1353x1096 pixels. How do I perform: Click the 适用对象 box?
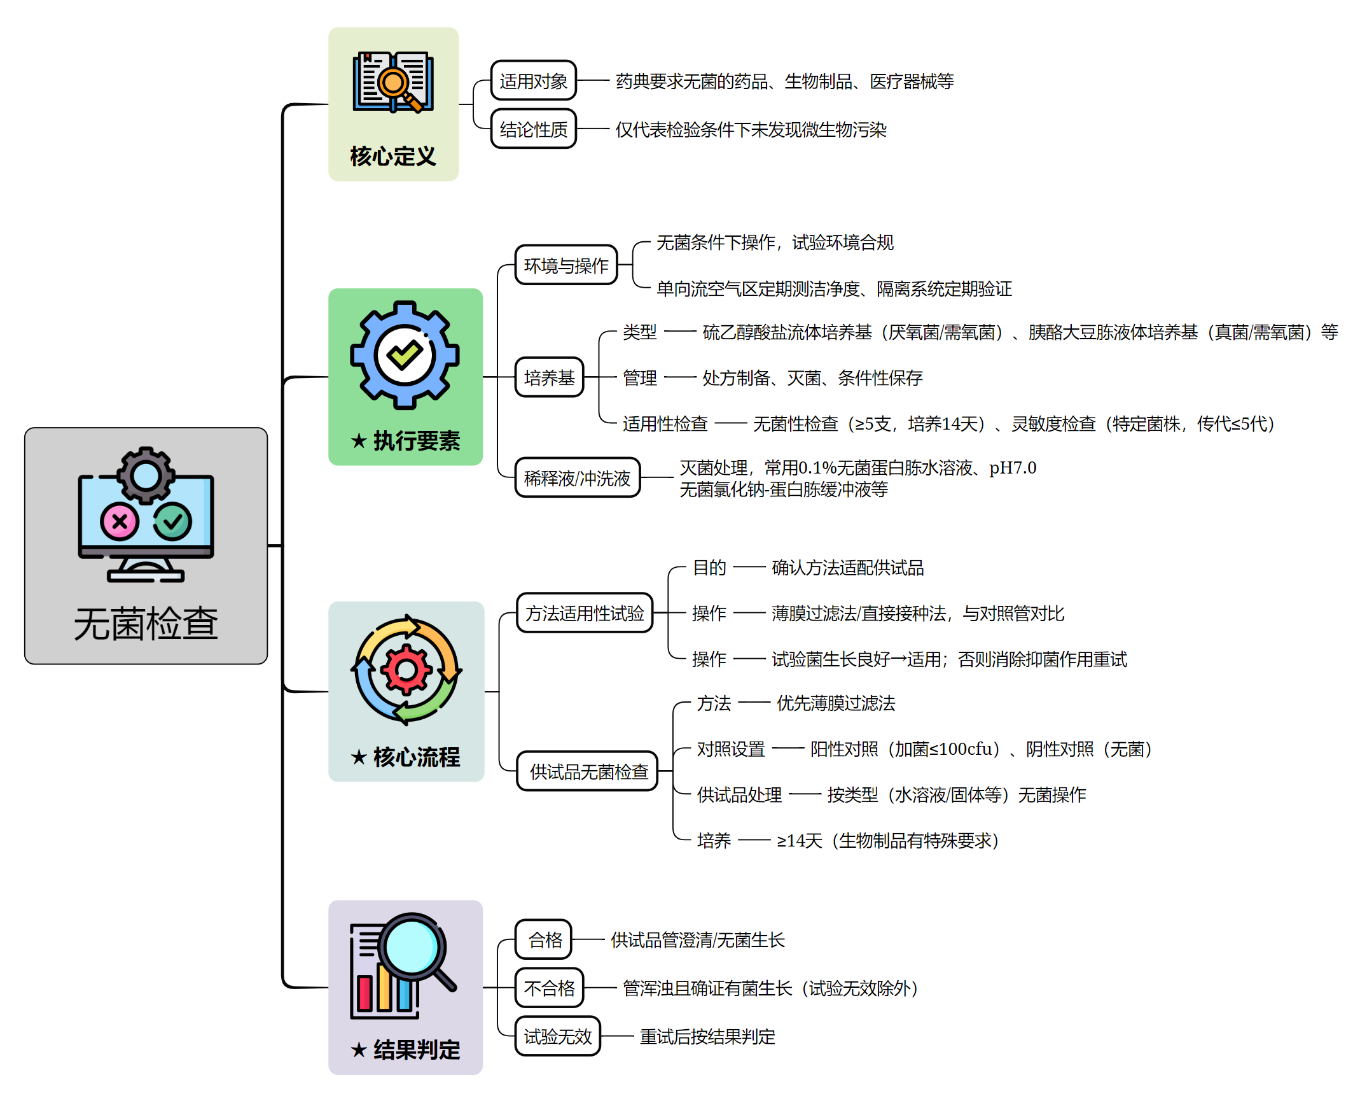click(533, 81)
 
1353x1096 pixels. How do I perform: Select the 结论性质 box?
click(533, 129)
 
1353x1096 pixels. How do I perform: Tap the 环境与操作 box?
click(565, 265)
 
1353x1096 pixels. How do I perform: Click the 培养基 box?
click(549, 377)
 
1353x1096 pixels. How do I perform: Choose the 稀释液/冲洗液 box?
click(577, 478)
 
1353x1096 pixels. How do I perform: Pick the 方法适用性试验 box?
click(585, 614)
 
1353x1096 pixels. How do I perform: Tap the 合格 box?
click(544, 939)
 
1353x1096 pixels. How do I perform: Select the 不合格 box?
click(549, 988)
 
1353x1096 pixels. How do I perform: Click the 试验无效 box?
click(557, 1036)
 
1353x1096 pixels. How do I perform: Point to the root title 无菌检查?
click(146, 624)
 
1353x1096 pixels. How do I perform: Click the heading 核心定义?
click(393, 156)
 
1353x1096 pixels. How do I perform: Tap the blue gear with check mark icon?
click(405, 355)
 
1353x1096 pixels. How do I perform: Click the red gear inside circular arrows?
click(406, 670)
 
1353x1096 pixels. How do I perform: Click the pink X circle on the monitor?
click(119, 522)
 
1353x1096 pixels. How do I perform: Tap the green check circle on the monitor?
click(172, 522)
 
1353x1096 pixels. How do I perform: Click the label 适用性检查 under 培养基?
click(665, 424)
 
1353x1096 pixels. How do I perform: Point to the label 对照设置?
click(730, 749)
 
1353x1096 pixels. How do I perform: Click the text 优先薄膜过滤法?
click(835, 703)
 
